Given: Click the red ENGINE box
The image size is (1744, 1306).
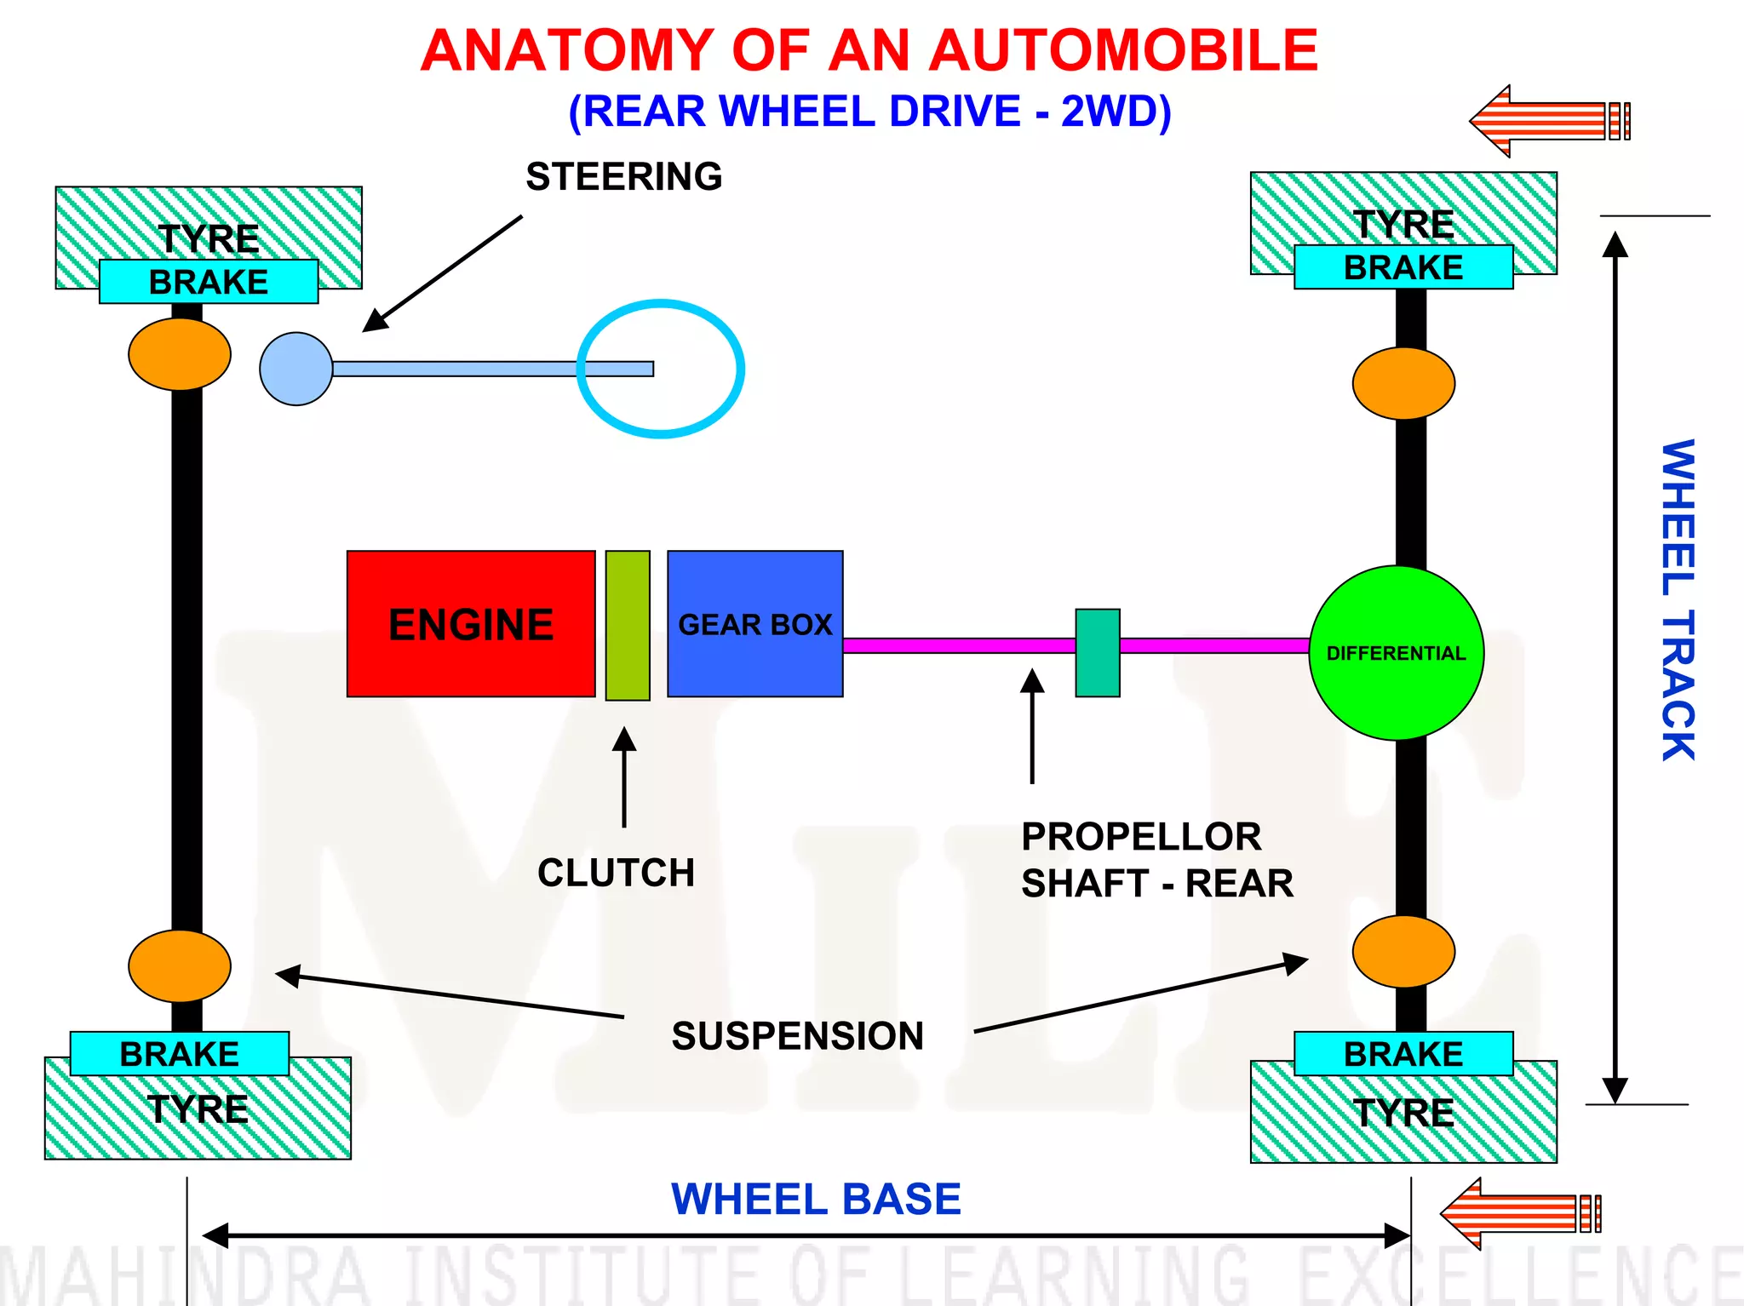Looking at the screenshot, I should click(x=471, y=624).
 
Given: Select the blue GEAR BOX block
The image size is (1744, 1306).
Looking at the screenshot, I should click(x=754, y=624).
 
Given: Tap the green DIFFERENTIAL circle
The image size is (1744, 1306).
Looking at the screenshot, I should click(x=1396, y=653).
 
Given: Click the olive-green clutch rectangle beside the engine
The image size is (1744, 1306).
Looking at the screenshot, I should click(x=628, y=625).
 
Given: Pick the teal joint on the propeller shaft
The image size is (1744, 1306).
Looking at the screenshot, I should click(x=1097, y=653).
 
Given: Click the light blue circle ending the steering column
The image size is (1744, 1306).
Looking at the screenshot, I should click(x=295, y=369).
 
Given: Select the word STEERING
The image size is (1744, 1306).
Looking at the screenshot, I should click(x=623, y=177).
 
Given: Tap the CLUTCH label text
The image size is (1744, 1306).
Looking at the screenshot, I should click(x=616, y=873).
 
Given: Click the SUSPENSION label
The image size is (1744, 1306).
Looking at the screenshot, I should click(x=797, y=1036).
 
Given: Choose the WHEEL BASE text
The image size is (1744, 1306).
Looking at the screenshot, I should click(x=816, y=1199).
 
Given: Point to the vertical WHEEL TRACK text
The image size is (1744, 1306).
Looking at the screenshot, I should click(x=1678, y=600).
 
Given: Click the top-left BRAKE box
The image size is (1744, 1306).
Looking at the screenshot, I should click(x=209, y=282).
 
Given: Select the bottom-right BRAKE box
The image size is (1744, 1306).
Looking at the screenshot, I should click(x=1403, y=1054).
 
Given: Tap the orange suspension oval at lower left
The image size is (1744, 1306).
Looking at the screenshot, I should click(x=180, y=966).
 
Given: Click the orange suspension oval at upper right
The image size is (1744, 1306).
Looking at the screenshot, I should click(x=1403, y=383).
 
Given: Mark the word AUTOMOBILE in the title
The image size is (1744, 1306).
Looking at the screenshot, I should click(x=1123, y=50).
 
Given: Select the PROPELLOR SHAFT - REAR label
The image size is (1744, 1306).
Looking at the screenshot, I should click(x=1156, y=860).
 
